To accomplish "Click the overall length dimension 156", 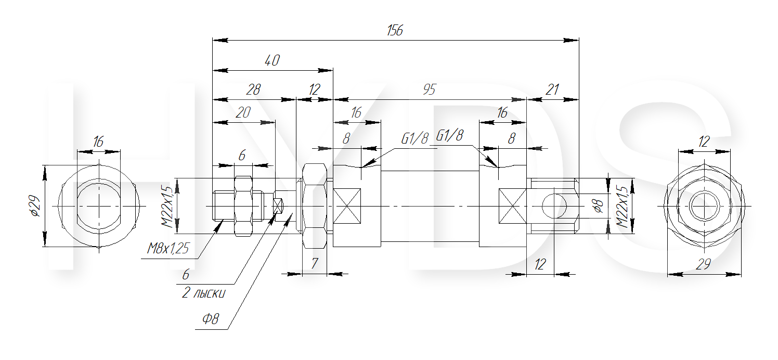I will (x=395, y=30).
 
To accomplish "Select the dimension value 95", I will (x=429, y=90).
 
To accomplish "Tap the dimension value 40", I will (x=272, y=60).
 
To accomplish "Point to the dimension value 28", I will (x=253, y=89).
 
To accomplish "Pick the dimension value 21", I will (x=552, y=89).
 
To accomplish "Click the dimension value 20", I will (x=243, y=112).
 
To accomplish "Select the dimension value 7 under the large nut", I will (x=314, y=263).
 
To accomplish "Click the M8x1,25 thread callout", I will (x=167, y=249).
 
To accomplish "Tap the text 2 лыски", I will (x=204, y=293).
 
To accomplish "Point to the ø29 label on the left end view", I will (x=35, y=206).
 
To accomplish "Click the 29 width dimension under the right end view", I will (x=703, y=264).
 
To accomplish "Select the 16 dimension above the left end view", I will (x=98, y=142).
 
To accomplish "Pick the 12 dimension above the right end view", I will (x=704, y=142).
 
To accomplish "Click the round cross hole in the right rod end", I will (x=554, y=205).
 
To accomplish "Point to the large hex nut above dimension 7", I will (x=314, y=206).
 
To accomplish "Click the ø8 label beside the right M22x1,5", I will (x=599, y=206).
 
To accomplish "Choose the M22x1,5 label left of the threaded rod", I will (x=167, y=207).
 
